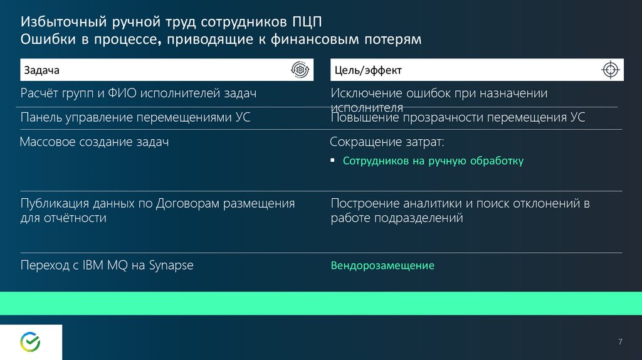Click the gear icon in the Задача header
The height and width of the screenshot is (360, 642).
click(300, 70)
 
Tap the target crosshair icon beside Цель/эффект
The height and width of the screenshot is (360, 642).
click(610, 70)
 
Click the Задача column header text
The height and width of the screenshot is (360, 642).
click(42, 70)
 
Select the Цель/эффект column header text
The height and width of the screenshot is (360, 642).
click(368, 70)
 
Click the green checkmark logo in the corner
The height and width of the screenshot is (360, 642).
click(30, 342)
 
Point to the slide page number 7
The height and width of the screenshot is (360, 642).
click(620, 342)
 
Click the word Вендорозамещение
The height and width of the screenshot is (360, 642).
click(382, 265)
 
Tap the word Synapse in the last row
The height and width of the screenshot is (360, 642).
click(171, 265)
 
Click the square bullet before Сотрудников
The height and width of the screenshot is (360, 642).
click(332, 160)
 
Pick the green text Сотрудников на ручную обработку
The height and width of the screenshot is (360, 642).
click(433, 161)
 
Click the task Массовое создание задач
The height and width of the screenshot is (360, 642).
click(94, 142)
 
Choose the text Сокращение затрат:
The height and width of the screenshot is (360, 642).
click(387, 142)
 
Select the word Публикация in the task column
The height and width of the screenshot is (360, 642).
click(55, 204)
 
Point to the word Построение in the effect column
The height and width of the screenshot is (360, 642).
click(365, 204)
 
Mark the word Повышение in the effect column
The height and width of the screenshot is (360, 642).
click(365, 117)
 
